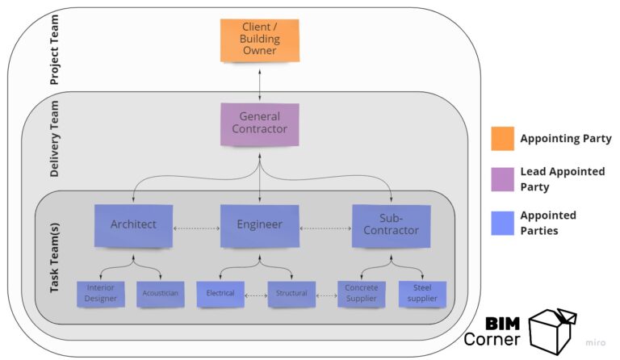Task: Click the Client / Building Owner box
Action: click(x=259, y=40)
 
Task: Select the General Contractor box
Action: click(x=259, y=123)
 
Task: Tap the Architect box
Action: click(x=133, y=225)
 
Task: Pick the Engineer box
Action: click(x=259, y=225)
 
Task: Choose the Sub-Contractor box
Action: click(x=391, y=224)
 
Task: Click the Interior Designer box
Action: click(x=101, y=294)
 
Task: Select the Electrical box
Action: click(x=220, y=294)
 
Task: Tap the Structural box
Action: click(x=291, y=294)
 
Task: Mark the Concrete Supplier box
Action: click(x=361, y=294)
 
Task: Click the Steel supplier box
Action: click(x=422, y=294)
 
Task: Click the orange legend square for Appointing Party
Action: click(x=502, y=139)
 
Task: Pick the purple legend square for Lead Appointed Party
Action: click(x=502, y=179)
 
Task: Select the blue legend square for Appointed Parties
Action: click(x=502, y=223)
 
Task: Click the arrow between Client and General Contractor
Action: click(x=259, y=82)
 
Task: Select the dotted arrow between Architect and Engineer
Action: click(x=196, y=228)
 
